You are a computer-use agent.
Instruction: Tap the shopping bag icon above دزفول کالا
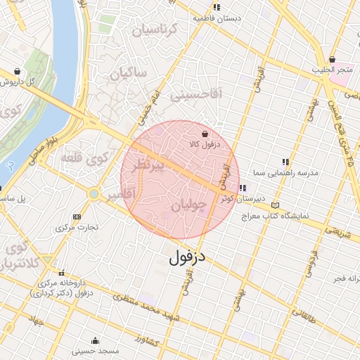tap(205, 134)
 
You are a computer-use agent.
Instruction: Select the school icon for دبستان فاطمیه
tap(217, 7)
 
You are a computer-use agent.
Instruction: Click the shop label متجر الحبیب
tap(333, 70)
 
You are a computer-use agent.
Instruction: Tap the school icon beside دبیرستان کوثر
tap(243, 188)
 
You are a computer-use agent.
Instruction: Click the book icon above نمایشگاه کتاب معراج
tap(275, 205)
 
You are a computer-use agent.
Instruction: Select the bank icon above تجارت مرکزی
tap(77, 217)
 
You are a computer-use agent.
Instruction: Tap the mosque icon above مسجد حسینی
tap(94, 341)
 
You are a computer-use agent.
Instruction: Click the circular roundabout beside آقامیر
tap(94, 193)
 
